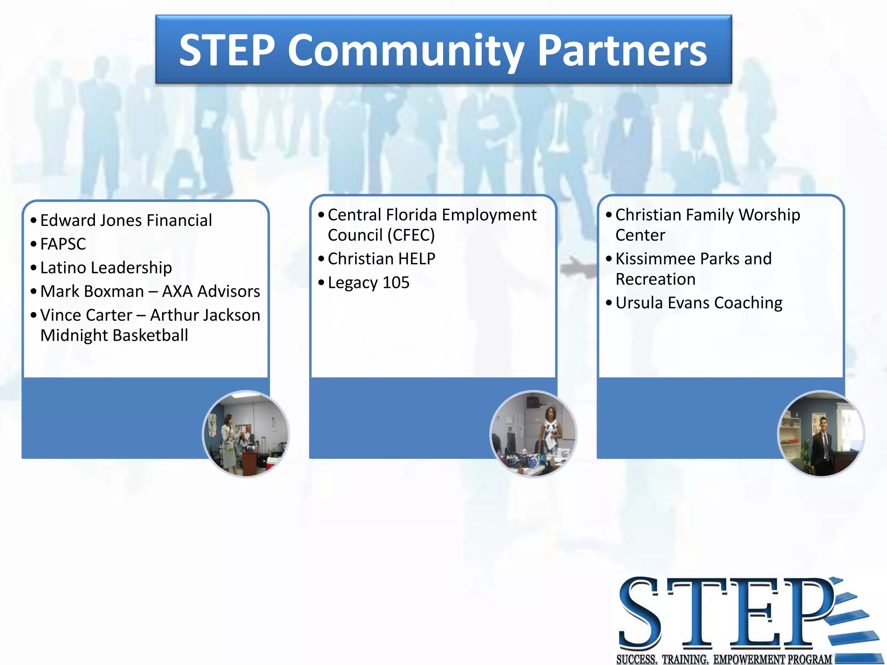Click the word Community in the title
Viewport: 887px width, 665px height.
pyautogui.click(x=406, y=51)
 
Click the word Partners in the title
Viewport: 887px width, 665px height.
pyautogui.click(x=622, y=51)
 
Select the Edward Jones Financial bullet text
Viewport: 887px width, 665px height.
pyautogui.click(x=126, y=220)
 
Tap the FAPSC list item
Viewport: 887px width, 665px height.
pyautogui.click(x=63, y=244)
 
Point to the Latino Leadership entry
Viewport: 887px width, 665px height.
pyautogui.click(x=106, y=268)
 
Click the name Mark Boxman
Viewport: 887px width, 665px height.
pyautogui.click(x=92, y=291)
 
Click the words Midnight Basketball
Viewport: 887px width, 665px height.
pyautogui.click(x=114, y=336)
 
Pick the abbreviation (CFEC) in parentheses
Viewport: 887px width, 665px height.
pyautogui.click(x=411, y=235)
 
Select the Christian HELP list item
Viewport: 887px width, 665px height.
pyautogui.click(x=382, y=259)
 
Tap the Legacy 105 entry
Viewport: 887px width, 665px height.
pyautogui.click(x=369, y=283)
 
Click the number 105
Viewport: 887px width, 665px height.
pyautogui.click(x=396, y=283)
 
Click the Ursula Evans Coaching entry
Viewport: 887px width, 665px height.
pyautogui.click(x=699, y=303)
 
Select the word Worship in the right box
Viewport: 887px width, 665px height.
pyautogui.click(x=770, y=215)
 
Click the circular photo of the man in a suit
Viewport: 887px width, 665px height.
pyautogui.click(x=821, y=434)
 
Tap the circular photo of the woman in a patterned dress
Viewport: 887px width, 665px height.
pyautogui.click(x=534, y=434)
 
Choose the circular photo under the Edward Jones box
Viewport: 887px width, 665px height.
pyautogui.click(x=246, y=434)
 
